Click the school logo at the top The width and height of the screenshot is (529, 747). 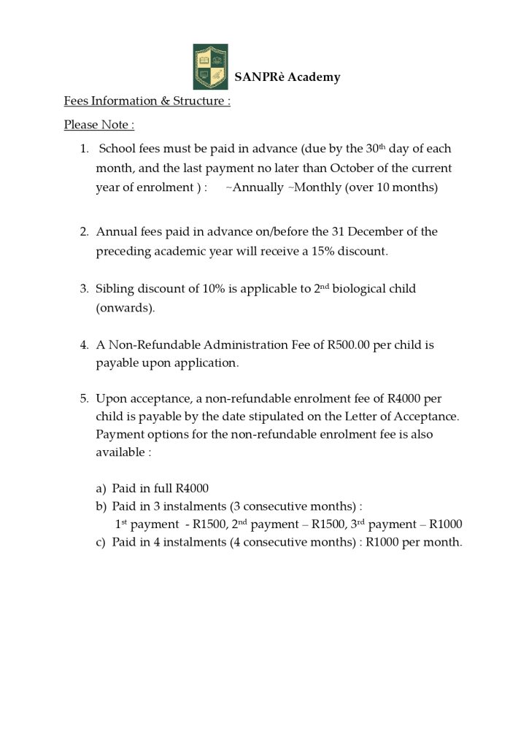click(210, 66)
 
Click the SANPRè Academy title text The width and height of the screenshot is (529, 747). click(287, 77)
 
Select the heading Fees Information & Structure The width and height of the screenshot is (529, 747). click(147, 101)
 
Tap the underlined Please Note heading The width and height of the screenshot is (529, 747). click(99, 125)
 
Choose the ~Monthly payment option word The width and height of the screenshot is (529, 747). click(315, 187)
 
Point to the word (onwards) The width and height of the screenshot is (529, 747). click(126, 308)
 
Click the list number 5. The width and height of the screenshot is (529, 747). click(84, 398)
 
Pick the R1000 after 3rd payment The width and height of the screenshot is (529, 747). click(445, 524)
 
